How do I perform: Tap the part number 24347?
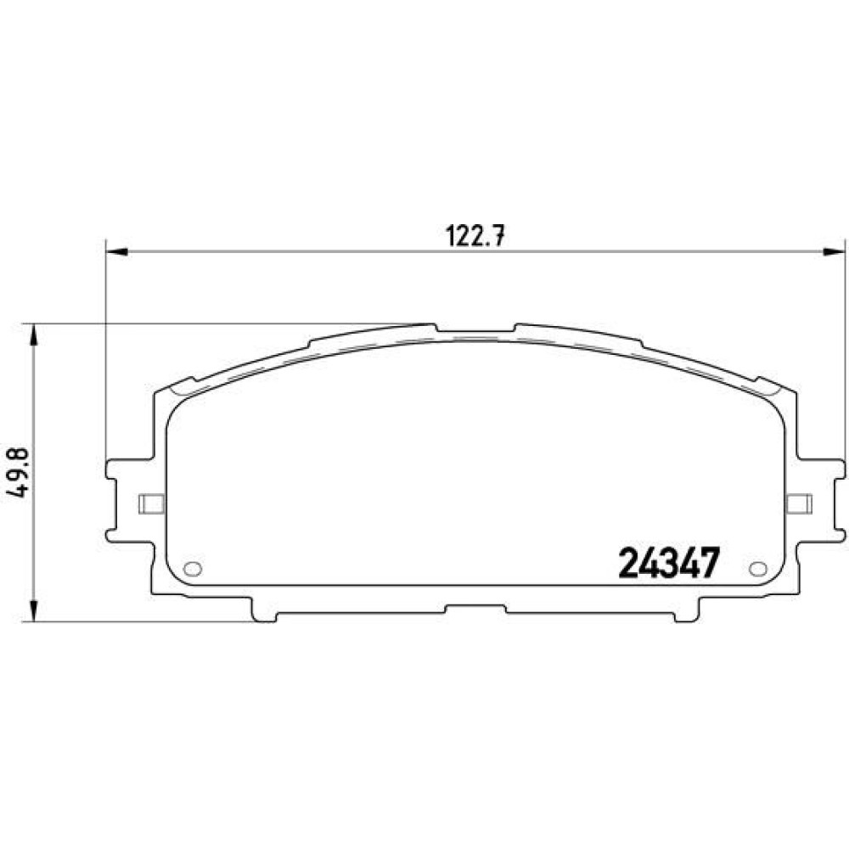[669, 563]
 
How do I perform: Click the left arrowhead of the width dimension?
[117, 252]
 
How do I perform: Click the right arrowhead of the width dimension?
[834, 252]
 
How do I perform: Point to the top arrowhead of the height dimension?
[34, 335]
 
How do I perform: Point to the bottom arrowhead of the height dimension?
[34, 610]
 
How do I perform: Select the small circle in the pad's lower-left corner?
[193, 569]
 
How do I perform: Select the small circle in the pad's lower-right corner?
[758, 569]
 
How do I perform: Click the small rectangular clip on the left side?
[152, 503]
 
